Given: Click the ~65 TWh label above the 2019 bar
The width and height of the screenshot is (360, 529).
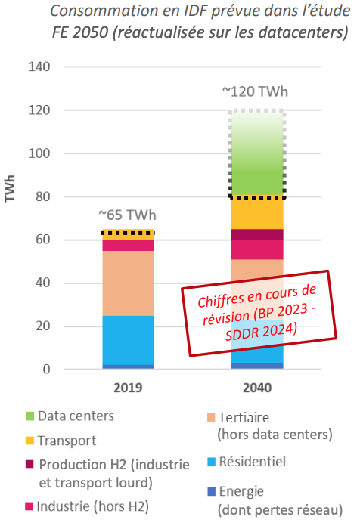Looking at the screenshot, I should point(127,214).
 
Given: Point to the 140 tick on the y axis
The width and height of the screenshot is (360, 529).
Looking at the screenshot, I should point(39,67).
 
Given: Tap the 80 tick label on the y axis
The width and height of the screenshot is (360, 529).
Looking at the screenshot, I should point(42,196).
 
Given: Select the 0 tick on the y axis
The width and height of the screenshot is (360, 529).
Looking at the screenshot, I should point(46,370).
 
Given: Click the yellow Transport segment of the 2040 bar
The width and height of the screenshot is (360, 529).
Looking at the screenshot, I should point(256,213).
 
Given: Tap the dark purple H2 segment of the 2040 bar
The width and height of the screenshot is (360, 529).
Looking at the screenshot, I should point(256,234).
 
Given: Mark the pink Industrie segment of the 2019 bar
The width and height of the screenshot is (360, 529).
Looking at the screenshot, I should point(127,245).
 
